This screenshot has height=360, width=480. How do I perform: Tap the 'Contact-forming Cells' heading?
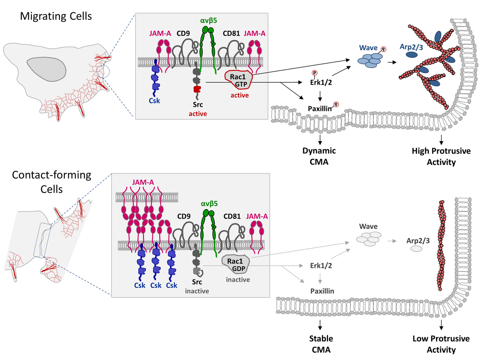point(52,182)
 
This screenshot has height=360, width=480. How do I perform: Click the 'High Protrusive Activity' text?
point(441,156)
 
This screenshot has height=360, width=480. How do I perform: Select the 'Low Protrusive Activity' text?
point(441,344)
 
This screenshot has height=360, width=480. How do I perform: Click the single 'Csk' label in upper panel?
point(154,101)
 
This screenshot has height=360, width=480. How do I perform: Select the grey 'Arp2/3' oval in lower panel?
point(417,249)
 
